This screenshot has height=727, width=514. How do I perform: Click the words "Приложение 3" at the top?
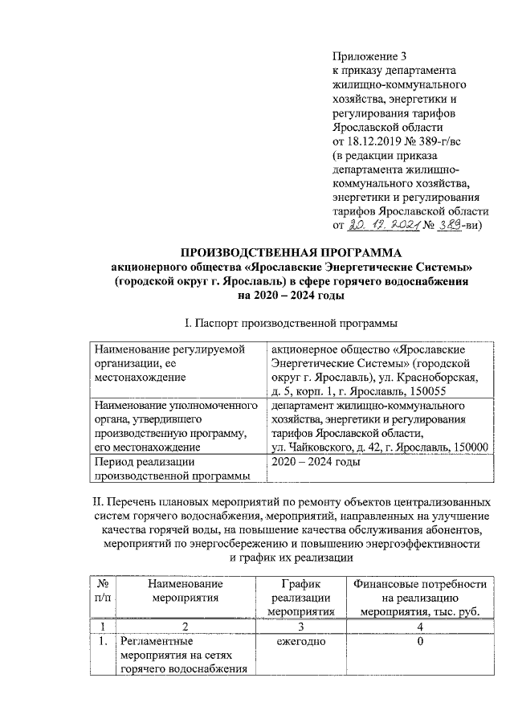370,56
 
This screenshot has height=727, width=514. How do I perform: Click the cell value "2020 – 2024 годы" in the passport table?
316,463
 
